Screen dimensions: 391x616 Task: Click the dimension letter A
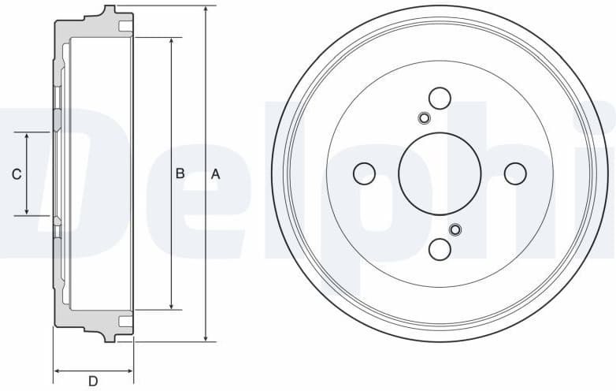click(216, 174)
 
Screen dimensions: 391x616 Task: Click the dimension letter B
click(180, 173)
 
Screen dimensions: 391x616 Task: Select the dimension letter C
click(17, 174)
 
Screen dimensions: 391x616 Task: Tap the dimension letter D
click(93, 382)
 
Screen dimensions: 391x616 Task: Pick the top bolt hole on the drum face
click(440, 98)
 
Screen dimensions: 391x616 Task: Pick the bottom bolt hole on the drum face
click(440, 249)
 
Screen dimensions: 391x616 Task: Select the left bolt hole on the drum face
click(364, 173)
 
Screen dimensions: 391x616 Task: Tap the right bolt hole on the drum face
click(515, 173)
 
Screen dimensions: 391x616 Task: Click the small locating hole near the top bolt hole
click(424, 118)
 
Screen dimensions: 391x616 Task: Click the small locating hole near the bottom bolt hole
click(455, 229)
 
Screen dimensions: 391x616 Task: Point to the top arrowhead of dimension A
click(206, 10)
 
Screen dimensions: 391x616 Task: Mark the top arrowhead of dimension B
click(171, 41)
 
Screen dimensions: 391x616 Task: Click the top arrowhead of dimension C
click(28, 137)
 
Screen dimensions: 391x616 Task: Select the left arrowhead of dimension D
click(57, 370)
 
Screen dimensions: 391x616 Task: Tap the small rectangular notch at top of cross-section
click(124, 28)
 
